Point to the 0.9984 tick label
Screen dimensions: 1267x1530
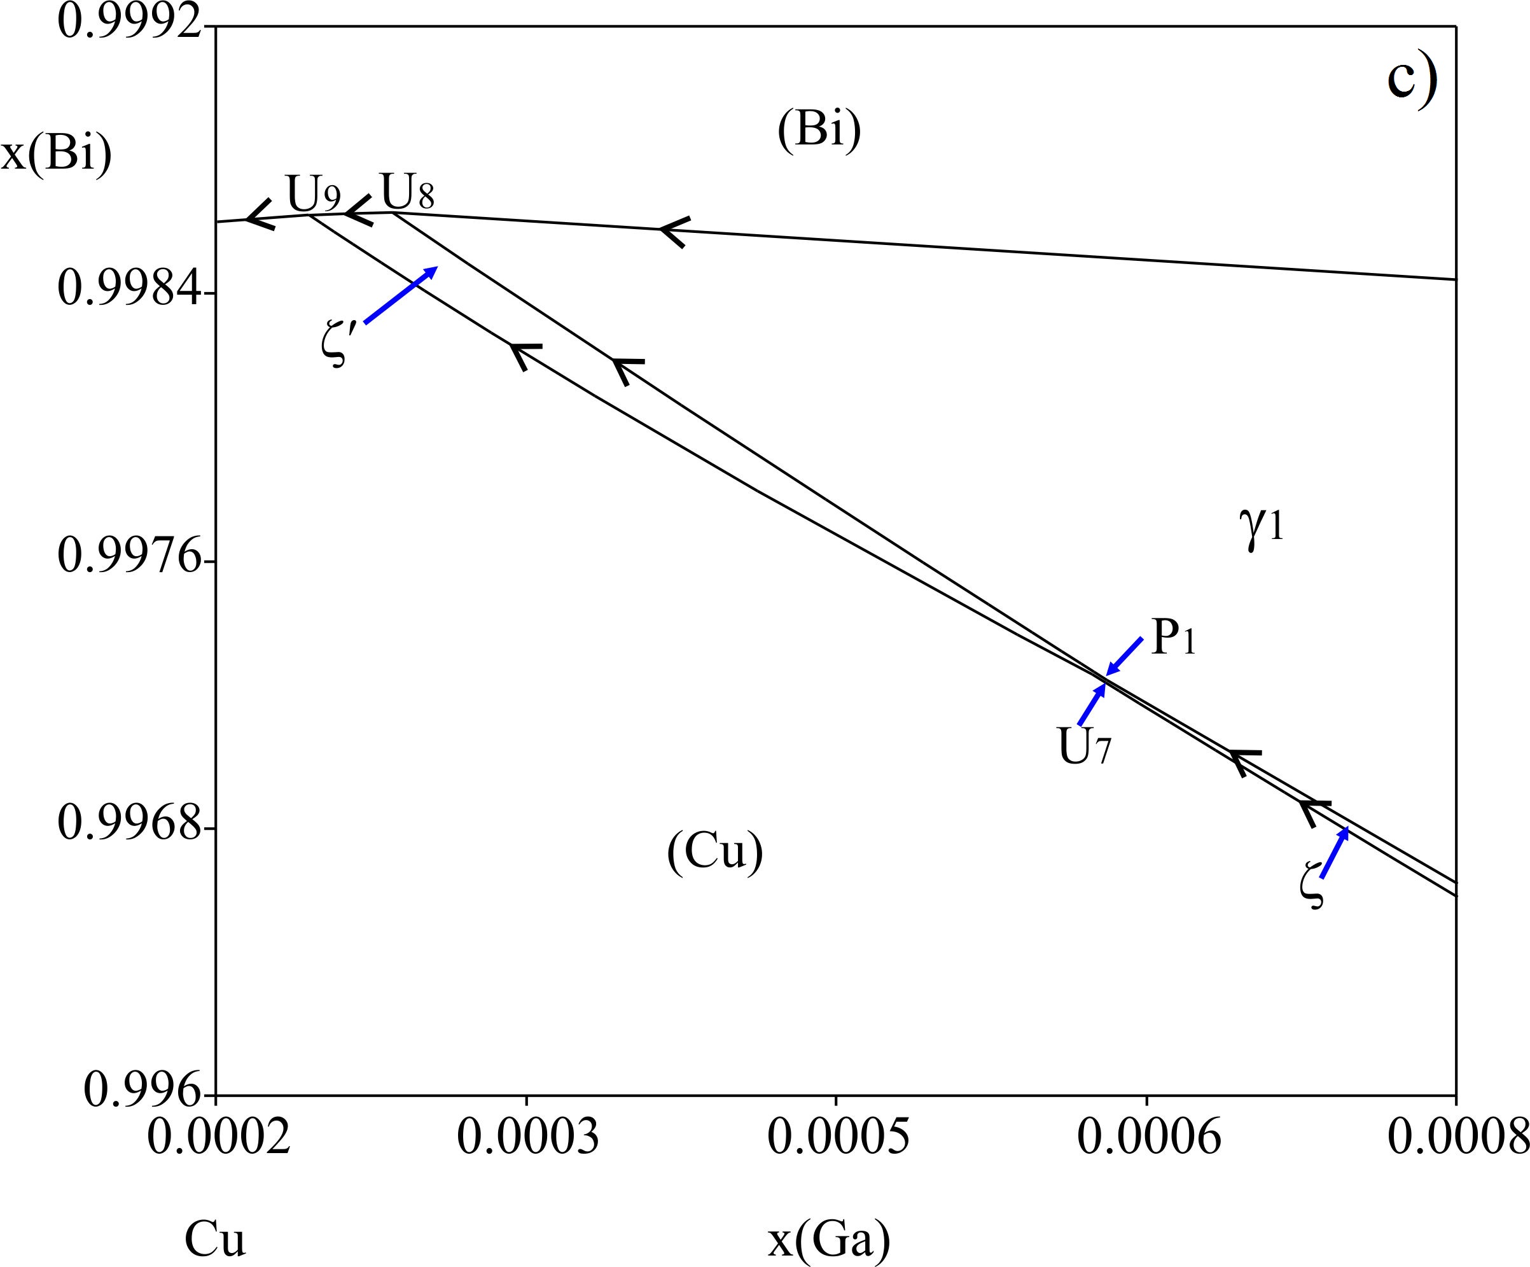(129, 288)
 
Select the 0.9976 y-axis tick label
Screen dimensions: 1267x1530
(129, 557)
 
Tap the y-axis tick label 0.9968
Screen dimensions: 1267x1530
(129, 823)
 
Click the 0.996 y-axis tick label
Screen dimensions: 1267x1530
(142, 1091)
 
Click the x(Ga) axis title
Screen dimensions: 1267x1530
(828, 1239)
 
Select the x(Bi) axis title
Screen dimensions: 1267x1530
(56, 155)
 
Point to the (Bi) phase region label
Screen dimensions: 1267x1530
(819, 131)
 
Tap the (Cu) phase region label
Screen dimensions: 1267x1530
(714, 851)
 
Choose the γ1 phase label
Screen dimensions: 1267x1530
(1260, 528)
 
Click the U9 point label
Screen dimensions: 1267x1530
(313, 193)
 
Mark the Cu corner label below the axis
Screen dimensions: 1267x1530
(215, 1239)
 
